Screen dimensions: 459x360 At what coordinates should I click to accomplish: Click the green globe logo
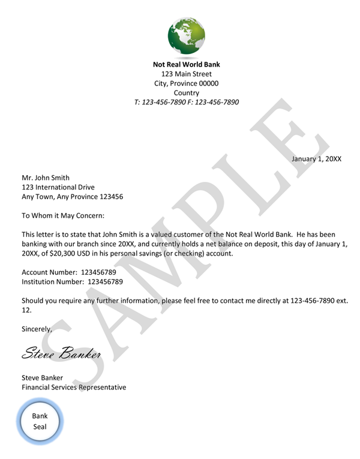coord(187,36)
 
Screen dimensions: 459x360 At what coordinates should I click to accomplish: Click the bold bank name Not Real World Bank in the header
coord(187,64)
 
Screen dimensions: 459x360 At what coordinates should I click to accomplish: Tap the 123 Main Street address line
coord(187,74)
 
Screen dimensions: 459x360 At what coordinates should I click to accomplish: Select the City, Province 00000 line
coord(187,83)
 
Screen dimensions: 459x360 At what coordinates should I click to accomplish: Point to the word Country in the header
coord(187,93)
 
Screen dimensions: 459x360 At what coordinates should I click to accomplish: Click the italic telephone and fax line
coord(187,103)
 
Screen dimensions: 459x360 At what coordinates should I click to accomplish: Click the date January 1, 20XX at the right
coord(316,159)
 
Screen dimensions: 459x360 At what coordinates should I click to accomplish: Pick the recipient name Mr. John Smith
coord(46,178)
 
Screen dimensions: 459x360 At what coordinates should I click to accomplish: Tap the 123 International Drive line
coord(58,187)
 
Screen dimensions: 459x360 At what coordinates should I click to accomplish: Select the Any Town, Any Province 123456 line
coord(73,197)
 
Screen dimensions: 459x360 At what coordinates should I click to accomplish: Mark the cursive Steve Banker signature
coord(61,353)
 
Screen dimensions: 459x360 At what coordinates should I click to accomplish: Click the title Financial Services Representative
coord(74,388)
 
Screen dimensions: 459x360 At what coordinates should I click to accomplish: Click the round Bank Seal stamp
coord(40,422)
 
